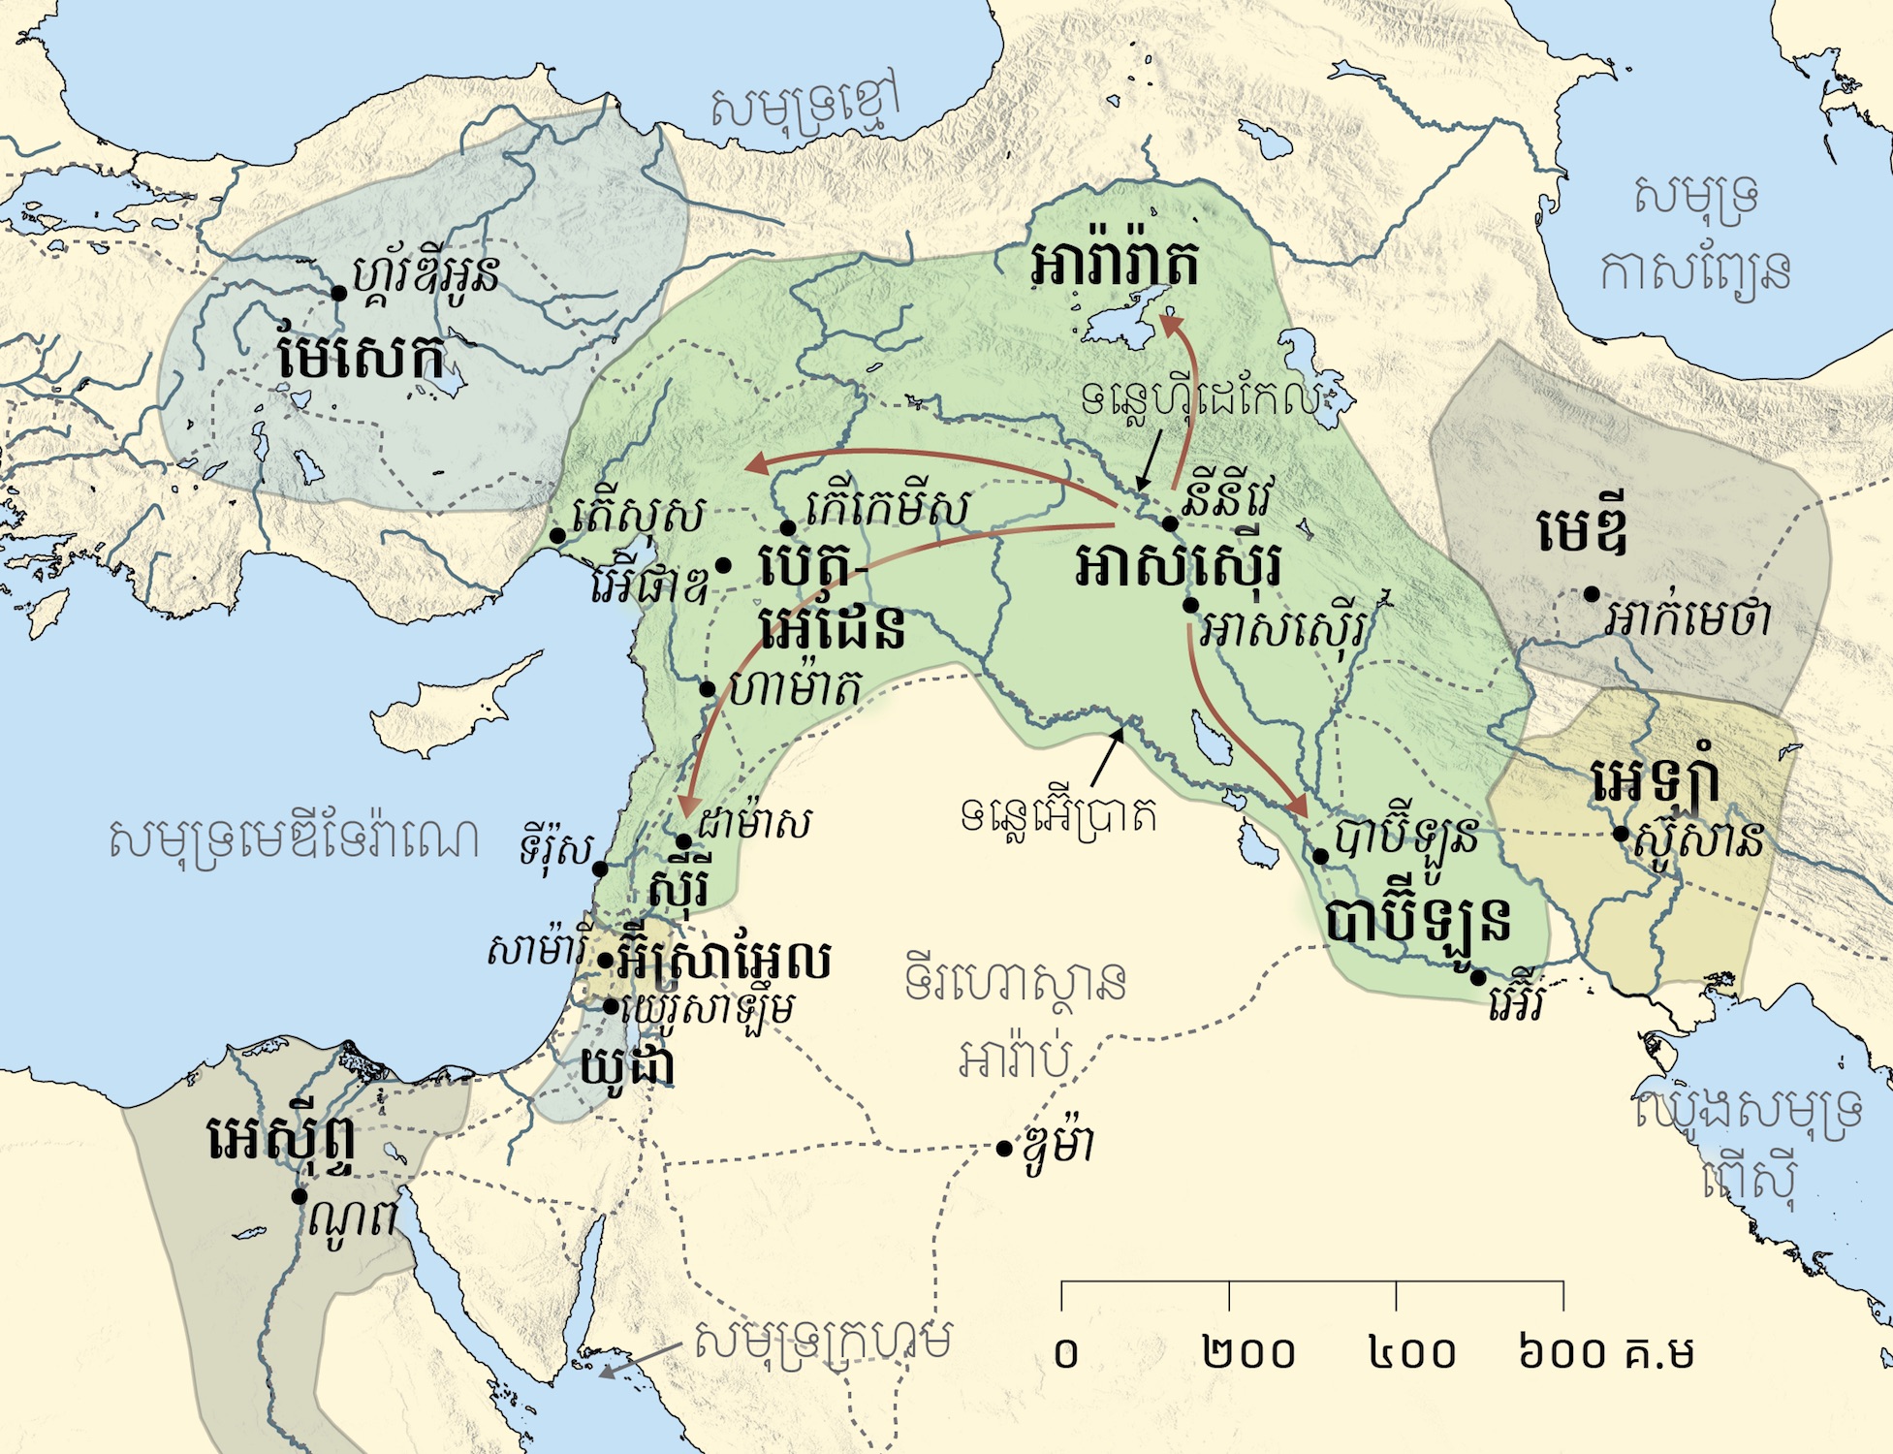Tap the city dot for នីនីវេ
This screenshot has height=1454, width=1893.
click(x=1170, y=523)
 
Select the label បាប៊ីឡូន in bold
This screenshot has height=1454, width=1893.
click(x=1417, y=921)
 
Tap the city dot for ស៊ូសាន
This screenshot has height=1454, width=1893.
click(x=1621, y=834)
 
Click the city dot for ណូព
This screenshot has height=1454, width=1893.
click(x=300, y=1196)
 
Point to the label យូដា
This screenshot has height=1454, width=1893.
click(x=627, y=1065)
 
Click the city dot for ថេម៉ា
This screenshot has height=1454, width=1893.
click(x=1004, y=1149)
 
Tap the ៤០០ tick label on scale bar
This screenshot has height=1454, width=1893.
click(x=1412, y=1353)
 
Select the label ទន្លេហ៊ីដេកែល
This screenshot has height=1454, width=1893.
click(x=1202, y=396)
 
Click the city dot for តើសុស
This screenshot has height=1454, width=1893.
click(x=557, y=535)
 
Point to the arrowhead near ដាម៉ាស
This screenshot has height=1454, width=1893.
click(x=688, y=805)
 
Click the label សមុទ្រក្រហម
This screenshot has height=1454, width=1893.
click(x=822, y=1342)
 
